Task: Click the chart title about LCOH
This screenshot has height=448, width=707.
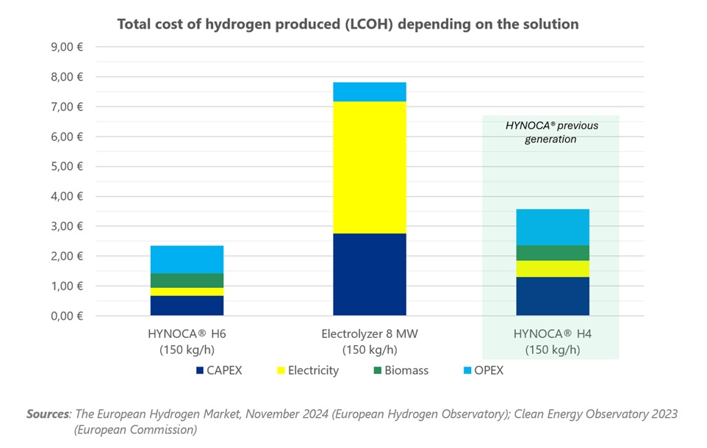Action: pos(348,24)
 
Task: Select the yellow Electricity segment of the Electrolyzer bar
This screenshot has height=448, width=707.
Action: pos(369,167)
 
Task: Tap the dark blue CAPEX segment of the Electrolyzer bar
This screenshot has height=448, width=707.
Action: pos(369,274)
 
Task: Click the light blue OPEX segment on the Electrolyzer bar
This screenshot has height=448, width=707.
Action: pos(369,92)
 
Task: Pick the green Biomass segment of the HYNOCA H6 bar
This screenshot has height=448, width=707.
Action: pos(187,280)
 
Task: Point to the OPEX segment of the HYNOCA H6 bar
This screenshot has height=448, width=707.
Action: pos(187,259)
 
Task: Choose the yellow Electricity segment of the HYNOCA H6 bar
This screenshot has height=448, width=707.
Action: pos(187,292)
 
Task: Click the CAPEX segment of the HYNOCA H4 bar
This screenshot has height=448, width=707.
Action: pos(552,296)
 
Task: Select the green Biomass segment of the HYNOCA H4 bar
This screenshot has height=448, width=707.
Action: pos(552,253)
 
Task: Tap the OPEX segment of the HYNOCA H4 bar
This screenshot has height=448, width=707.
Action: pos(552,227)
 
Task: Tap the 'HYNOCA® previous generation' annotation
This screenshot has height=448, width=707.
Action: pos(551,132)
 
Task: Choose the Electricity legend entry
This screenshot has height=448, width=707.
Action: pos(312,370)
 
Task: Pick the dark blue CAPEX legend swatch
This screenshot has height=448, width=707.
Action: pos(199,370)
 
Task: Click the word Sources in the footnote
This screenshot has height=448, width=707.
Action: pos(48,414)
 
